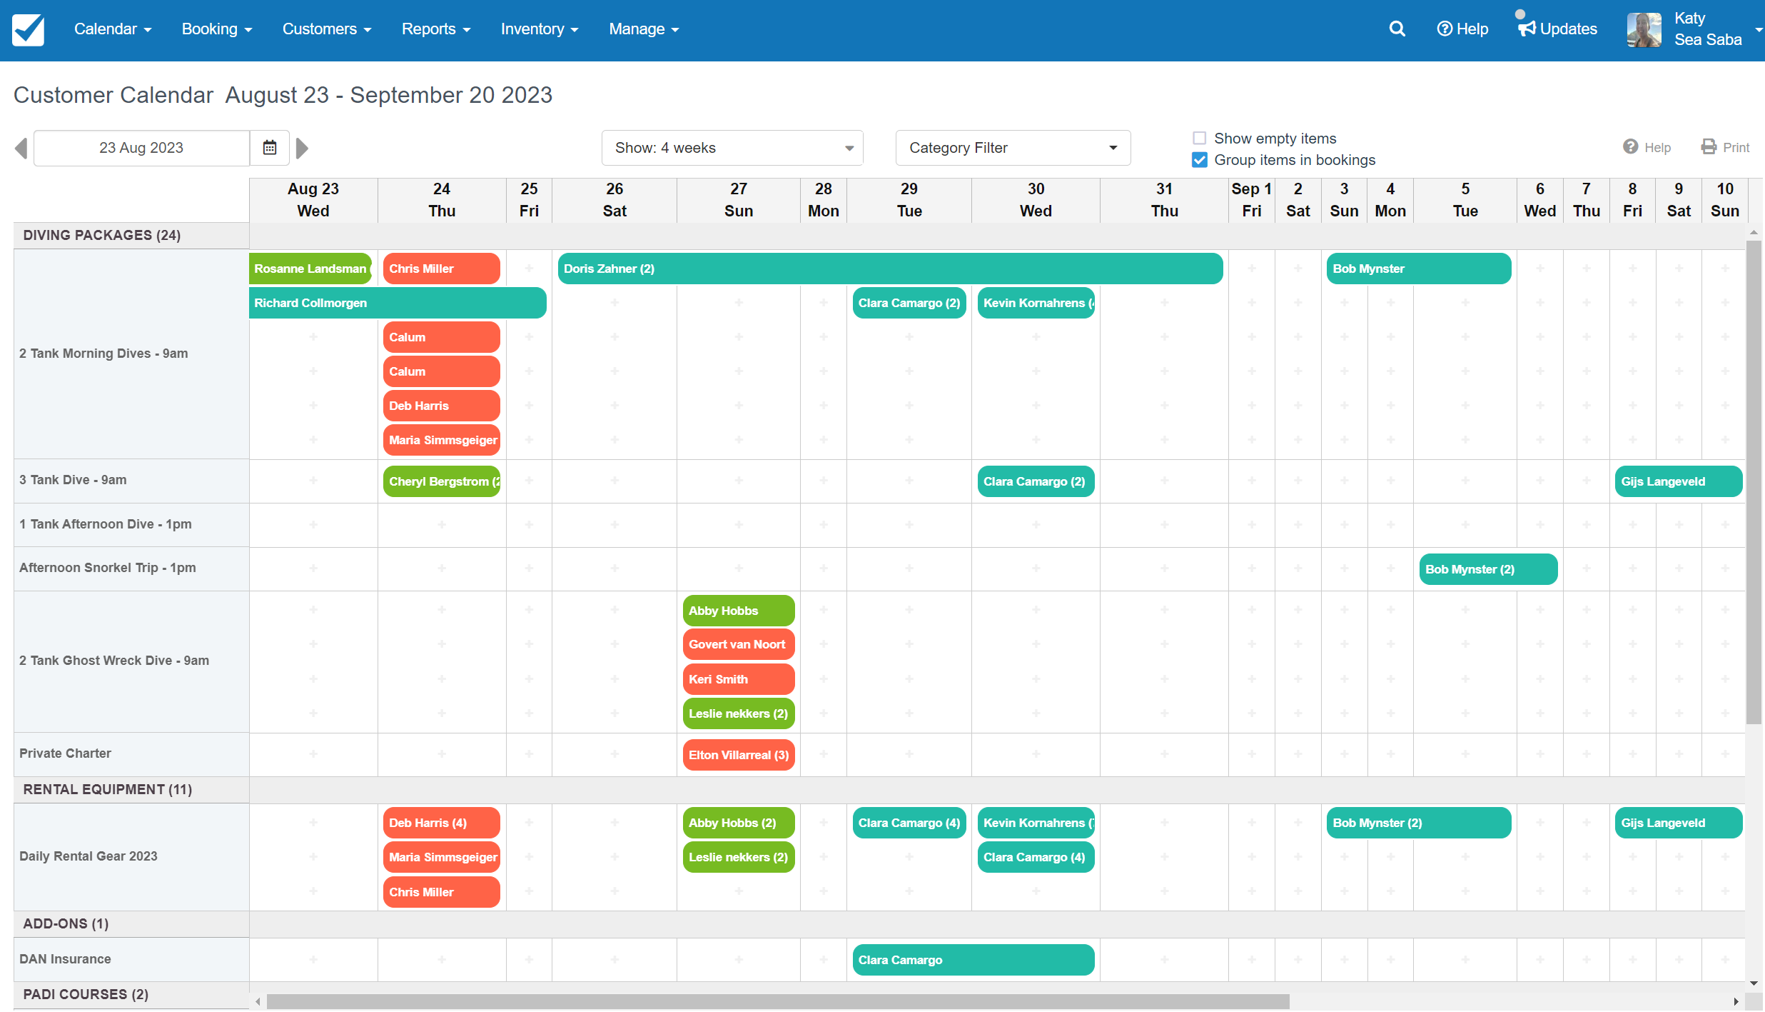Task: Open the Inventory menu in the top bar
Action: (x=539, y=29)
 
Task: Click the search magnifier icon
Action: (x=1397, y=29)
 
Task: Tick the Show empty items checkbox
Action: (x=1200, y=139)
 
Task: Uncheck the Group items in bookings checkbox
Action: (x=1200, y=160)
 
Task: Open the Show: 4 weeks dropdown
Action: (x=732, y=148)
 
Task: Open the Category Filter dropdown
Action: (x=1012, y=148)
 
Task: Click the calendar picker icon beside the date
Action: (x=270, y=148)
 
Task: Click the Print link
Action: (x=1726, y=147)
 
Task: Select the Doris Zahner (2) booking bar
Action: (x=889, y=269)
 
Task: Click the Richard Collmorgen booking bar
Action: (x=397, y=303)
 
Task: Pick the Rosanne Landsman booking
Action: (x=310, y=269)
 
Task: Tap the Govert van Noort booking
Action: (x=738, y=644)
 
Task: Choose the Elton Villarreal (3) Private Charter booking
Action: (x=738, y=755)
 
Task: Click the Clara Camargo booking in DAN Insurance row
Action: (x=972, y=960)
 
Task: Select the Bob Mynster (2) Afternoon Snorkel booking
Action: (x=1487, y=569)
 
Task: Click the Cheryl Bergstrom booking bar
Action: (x=442, y=481)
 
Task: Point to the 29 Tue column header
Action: (x=909, y=200)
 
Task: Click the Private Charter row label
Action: (x=66, y=753)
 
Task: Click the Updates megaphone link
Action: (x=1558, y=29)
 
